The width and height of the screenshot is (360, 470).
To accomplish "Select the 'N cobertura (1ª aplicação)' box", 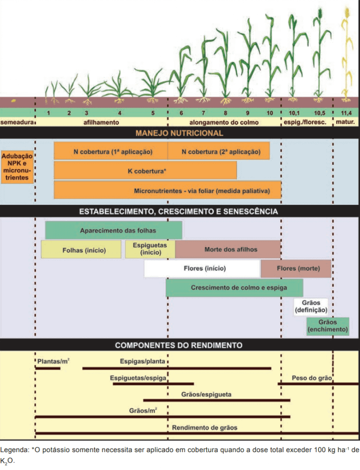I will [111, 151].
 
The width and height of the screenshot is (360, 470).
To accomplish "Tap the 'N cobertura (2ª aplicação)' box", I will [218, 151].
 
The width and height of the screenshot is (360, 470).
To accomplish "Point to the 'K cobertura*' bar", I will [145, 170].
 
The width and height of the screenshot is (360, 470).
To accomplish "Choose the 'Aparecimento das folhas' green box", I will [113, 230].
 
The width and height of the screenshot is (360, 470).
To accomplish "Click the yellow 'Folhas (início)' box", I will [81, 250].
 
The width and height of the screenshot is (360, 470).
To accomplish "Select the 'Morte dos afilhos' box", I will [227, 249].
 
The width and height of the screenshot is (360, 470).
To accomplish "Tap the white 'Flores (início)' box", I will [202, 269].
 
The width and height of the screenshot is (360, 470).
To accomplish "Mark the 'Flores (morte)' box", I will [296, 269].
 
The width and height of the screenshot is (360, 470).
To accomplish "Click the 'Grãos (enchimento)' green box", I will [327, 326].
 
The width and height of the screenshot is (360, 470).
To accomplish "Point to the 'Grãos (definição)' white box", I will [311, 306].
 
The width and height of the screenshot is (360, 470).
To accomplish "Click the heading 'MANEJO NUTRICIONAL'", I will [179, 134].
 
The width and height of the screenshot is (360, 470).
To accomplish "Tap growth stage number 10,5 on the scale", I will [319, 113].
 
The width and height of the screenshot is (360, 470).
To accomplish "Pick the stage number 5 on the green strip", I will [153, 113].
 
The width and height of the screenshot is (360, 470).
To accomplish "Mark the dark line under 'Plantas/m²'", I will [48, 368].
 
